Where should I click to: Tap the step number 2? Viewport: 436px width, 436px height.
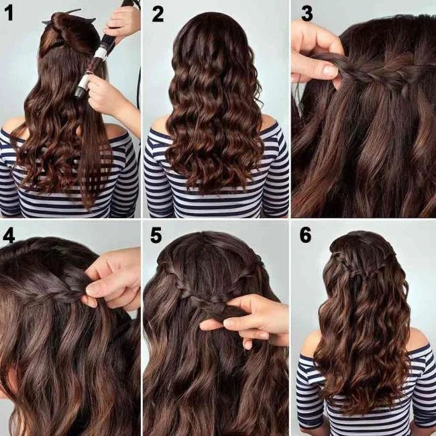coord(158,13)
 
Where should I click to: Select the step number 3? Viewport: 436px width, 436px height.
coord(307,13)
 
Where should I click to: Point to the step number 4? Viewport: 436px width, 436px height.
coord(10,237)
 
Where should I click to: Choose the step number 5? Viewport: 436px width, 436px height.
coord(157,237)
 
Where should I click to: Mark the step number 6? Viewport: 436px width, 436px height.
coord(306,237)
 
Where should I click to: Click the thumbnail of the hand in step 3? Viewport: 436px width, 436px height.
coord(329,70)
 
